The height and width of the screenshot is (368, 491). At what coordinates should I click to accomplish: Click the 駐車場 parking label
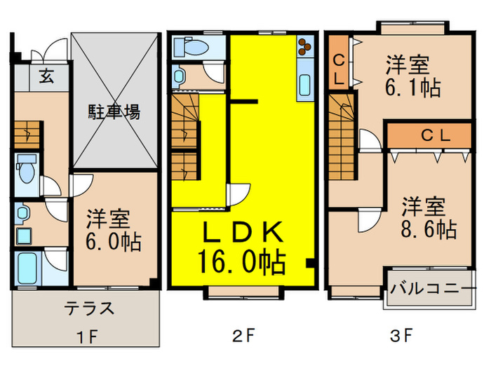coord(114,112)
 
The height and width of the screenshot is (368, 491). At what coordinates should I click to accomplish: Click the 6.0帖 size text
coord(114,243)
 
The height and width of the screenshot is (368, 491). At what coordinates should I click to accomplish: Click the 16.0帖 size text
coord(243,264)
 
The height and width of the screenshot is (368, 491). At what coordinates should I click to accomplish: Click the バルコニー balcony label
coord(429,288)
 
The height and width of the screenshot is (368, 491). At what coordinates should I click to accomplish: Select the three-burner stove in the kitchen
coord(305,47)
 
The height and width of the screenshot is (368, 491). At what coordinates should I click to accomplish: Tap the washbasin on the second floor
coord(180,76)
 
